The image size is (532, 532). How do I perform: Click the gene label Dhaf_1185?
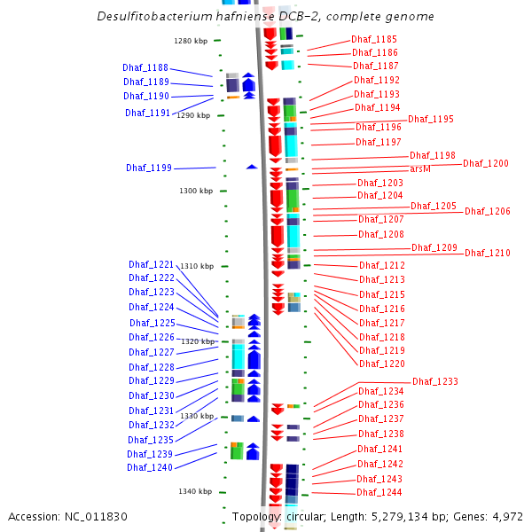374,39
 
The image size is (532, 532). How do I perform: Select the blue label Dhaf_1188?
145,67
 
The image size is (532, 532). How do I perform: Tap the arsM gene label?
420,168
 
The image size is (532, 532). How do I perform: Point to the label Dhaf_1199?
149,168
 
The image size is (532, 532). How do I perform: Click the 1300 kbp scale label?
196,191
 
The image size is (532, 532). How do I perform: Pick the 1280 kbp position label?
191,41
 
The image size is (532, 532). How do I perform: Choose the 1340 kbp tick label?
195,491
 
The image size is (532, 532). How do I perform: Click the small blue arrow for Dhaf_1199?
252,167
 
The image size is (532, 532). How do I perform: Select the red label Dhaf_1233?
435,381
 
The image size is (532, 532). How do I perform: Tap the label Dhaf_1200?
486,163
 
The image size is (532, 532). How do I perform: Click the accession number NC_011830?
96,517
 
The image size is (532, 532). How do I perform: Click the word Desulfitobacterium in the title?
153,16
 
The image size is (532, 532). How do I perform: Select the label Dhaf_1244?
379,492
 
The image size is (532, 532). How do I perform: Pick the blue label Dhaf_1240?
150,467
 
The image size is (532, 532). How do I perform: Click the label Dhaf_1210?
488,253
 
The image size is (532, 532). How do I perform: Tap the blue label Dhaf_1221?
152,264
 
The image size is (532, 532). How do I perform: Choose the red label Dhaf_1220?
382,364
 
